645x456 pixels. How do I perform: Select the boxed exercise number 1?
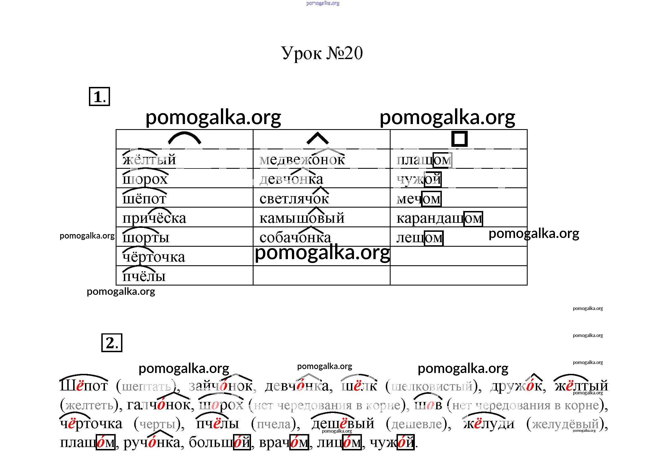(99, 97)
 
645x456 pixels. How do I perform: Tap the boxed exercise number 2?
(112, 343)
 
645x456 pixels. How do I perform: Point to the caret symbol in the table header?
(317, 138)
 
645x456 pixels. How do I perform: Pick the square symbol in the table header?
(459, 139)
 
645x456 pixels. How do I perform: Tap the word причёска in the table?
(154, 218)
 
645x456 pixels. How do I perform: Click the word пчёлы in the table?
(144, 276)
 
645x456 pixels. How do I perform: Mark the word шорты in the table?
(146, 238)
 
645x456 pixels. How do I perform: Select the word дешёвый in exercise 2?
(343, 424)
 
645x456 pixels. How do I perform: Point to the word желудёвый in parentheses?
(566, 424)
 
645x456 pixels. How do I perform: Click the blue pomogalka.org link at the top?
(323, 3)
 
